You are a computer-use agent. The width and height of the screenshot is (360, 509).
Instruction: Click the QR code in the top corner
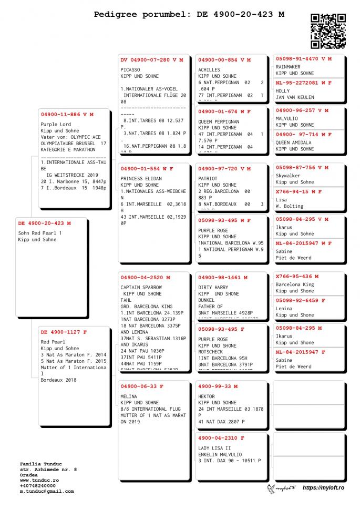click(328, 31)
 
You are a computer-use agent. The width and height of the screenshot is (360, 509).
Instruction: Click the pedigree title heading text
click(189, 15)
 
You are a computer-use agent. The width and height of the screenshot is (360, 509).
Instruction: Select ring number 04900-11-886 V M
click(67, 114)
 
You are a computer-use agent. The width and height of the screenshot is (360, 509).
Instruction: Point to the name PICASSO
click(130, 69)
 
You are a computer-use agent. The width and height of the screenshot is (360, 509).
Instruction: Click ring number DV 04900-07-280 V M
click(152, 60)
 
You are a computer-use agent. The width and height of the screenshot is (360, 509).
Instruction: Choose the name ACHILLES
click(209, 69)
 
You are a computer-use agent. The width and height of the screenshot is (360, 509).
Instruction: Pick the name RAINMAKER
click(288, 67)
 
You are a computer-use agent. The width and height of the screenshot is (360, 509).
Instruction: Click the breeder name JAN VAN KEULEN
click(295, 97)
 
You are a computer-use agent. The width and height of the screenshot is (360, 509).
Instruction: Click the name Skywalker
click(288, 176)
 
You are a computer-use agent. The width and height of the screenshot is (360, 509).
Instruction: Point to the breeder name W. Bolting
click(290, 206)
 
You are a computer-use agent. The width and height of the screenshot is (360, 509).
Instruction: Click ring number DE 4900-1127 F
click(64, 332)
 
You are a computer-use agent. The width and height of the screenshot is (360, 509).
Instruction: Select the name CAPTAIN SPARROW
click(141, 287)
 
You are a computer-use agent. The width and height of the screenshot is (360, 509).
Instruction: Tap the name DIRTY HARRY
click(213, 287)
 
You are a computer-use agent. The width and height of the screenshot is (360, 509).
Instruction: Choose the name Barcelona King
click(295, 284)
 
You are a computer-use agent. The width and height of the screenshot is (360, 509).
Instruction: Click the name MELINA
click(129, 396)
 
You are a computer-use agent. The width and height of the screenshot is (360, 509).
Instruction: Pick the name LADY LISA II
click(215, 448)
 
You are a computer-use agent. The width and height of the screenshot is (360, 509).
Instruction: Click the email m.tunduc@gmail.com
click(47, 491)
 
